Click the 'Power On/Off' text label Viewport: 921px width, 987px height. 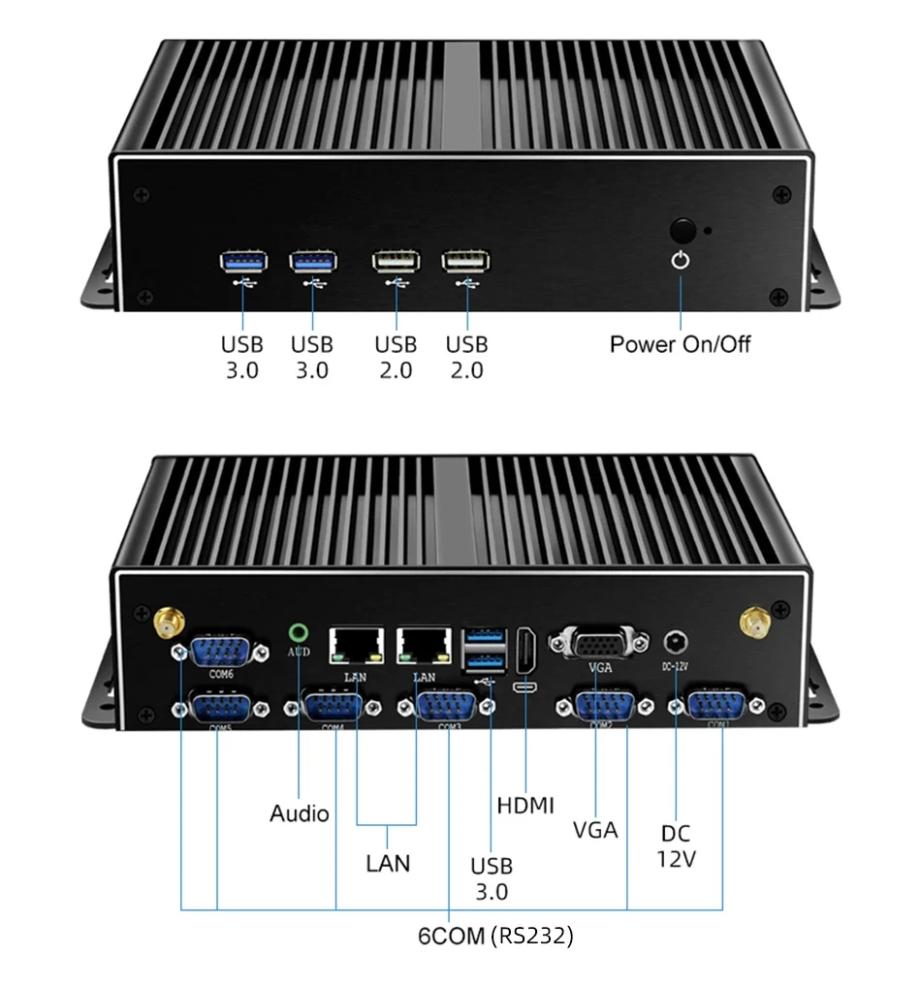pyautogui.click(x=680, y=344)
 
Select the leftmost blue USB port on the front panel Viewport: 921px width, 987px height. pyautogui.click(x=242, y=260)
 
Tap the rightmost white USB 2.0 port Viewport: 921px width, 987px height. pyautogui.click(x=465, y=261)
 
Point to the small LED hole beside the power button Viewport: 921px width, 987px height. pyautogui.click(x=710, y=232)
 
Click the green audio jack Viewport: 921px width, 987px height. pyautogui.click(x=299, y=633)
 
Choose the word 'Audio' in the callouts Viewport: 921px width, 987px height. pyautogui.click(x=299, y=813)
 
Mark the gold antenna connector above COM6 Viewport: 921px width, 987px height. pyautogui.click(x=170, y=620)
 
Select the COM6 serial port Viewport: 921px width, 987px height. pyautogui.click(x=221, y=650)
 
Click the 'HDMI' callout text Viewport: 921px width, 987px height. pyautogui.click(x=525, y=805)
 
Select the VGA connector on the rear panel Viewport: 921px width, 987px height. pyautogui.click(x=598, y=643)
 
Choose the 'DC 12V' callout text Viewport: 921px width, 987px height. pyautogui.click(x=675, y=846)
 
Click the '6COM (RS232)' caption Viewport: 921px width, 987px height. pyautogui.click(x=495, y=937)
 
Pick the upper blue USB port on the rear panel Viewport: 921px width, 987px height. pyautogui.click(x=486, y=638)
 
